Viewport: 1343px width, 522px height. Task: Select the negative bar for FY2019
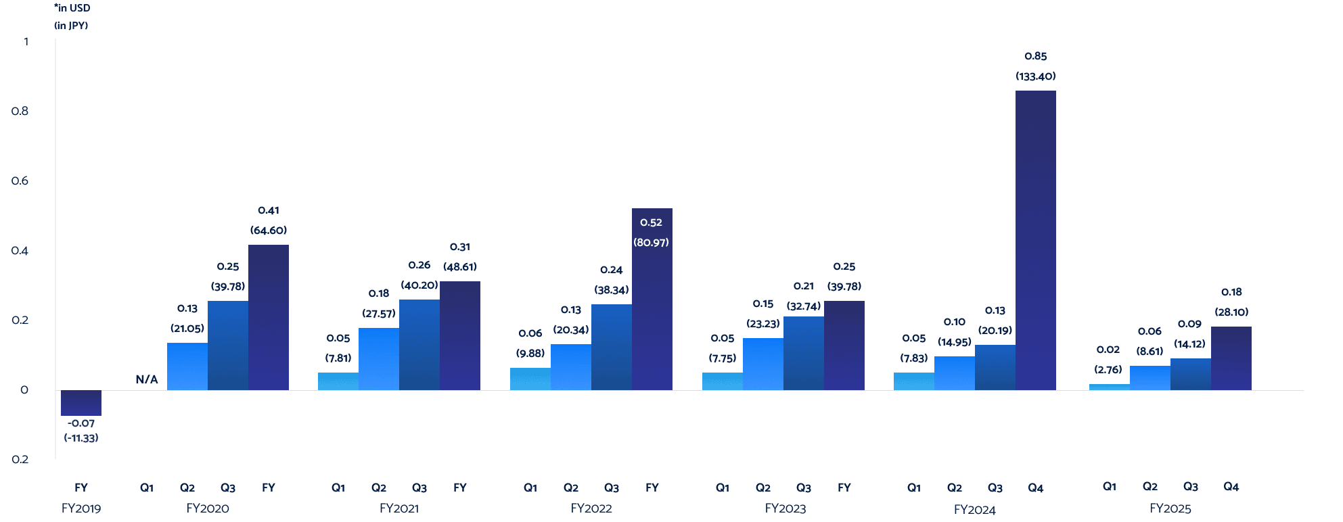click(81, 402)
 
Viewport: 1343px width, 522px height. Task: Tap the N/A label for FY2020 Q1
click(147, 379)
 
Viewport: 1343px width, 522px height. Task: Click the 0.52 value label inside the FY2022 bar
click(651, 222)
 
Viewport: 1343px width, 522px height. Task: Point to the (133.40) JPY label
click(1035, 76)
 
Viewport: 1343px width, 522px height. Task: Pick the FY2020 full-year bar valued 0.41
click(269, 317)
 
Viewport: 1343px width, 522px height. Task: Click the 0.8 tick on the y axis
click(20, 111)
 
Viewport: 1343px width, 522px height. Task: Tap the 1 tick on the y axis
click(26, 41)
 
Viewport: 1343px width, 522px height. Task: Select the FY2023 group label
click(785, 508)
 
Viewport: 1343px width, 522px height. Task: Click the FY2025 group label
click(1170, 508)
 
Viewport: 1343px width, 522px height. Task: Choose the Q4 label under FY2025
click(1231, 487)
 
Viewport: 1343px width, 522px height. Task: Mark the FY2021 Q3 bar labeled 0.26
click(419, 345)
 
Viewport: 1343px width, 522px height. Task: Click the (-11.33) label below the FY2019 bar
click(81, 438)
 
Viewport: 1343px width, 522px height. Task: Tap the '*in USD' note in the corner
click(72, 8)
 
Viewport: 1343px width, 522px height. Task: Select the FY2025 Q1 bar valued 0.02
click(1109, 387)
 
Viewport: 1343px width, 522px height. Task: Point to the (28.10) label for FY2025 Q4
click(1231, 312)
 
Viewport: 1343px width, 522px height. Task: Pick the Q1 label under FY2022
click(530, 488)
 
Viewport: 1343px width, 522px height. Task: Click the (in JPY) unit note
click(71, 26)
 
